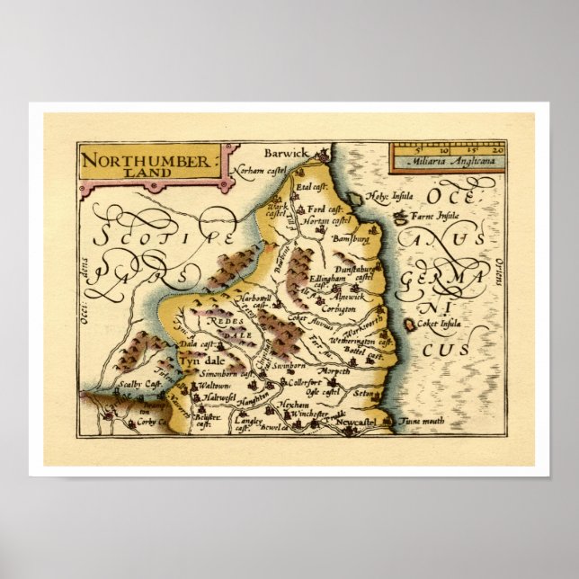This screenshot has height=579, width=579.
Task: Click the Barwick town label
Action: pos(285,154)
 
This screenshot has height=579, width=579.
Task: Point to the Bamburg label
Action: pos(352,240)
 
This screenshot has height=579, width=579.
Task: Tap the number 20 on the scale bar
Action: pos(497,152)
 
